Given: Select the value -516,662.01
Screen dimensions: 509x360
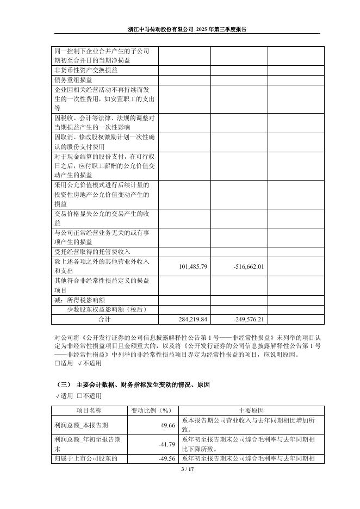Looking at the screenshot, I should [248, 266].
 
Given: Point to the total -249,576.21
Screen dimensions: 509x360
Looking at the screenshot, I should [248, 319].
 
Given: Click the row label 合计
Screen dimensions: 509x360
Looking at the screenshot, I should [103, 319].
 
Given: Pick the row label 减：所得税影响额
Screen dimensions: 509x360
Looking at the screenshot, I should [79, 300].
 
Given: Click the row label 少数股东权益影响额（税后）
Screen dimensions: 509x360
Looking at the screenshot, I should [106, 309].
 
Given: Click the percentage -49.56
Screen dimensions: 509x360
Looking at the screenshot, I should [167, 458].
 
